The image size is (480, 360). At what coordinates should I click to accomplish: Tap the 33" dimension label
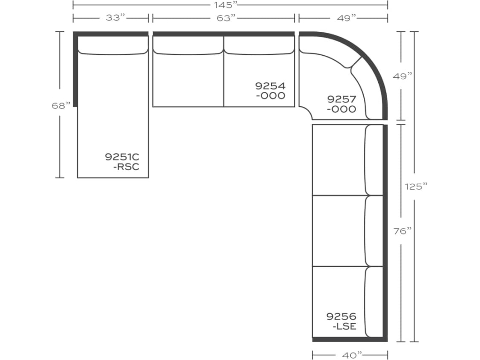point(112,18)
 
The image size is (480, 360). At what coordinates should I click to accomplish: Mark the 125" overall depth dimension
point(416,186)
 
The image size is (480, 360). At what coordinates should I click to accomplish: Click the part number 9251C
point(122,157)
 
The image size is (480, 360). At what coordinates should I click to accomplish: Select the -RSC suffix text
point(126,167)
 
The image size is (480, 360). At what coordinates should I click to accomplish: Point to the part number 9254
point(270,86)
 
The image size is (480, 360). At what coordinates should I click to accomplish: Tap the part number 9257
point(342,99)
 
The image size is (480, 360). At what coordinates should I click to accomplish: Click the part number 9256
point(342,316)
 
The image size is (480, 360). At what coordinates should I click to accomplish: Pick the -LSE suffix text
point(344,326)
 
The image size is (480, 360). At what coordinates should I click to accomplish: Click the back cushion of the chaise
point(112,45)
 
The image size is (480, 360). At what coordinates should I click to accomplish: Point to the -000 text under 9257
point(342,109)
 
